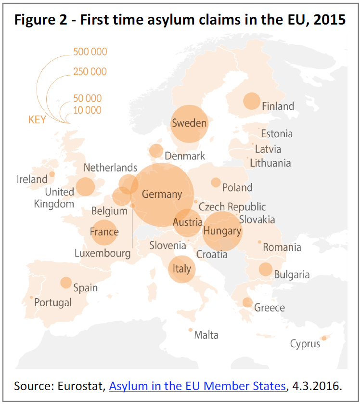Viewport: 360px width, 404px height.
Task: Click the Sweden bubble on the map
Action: click(x=189, y=124)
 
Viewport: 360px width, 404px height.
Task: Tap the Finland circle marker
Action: click(x=251, y=101)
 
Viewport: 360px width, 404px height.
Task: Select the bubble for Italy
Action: click(x=181, y=269)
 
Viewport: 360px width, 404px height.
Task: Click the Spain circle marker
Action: click(x=66, y=283)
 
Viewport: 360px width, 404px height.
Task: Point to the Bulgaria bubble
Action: click(x=265, y=270)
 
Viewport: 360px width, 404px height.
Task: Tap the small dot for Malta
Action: click(x=191, y=330)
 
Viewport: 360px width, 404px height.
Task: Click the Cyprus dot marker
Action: click(x=324, y=338)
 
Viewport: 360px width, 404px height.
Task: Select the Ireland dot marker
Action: click(x=52, y=174)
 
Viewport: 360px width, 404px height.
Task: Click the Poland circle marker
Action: click(x=216, y=182)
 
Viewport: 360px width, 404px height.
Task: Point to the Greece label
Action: click(x=270, y=308)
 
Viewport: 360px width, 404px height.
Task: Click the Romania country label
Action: click(x=282, y=248)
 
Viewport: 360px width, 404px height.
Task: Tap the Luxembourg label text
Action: click(x=103, y=253)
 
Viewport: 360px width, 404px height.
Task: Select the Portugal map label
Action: click(x=53, y=302)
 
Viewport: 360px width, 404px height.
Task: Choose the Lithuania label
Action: click(x=270, y=163)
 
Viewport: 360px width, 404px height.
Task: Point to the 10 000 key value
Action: click(x=87, y=110)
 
